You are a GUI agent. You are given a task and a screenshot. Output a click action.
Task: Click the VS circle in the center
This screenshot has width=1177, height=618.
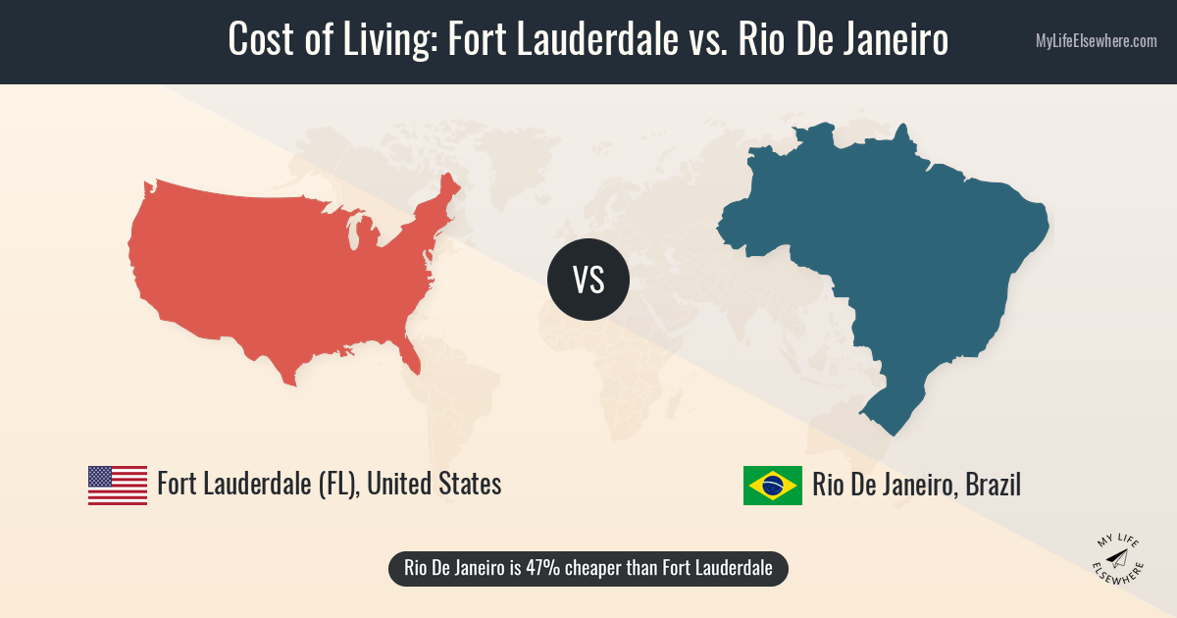coord(588,280)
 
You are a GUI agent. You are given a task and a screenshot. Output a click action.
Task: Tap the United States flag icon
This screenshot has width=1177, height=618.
coord(118,485)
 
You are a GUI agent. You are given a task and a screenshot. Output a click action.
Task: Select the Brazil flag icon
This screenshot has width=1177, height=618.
coord(773,485)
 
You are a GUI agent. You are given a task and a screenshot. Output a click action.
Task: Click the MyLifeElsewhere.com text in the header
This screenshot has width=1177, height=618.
coord(1096,41)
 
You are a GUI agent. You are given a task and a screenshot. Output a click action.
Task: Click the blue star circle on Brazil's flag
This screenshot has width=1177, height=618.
coord(773,485)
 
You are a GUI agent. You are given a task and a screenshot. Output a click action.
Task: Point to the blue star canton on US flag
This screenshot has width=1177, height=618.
coord(101,476)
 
